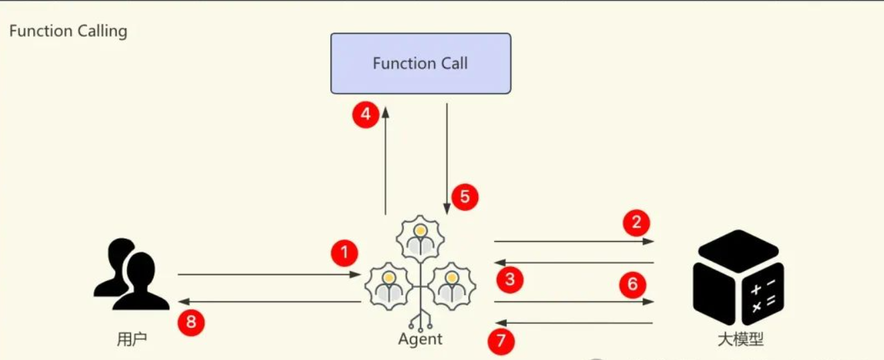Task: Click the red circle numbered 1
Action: [x=345, y=253]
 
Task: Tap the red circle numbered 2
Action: [x=636, y=222]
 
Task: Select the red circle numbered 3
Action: [x=509, y=279]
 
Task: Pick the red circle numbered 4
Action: [x=365, y=115]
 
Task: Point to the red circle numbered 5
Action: [x=465, y=197]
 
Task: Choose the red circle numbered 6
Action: [x=632, y=285]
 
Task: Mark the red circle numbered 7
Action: [x=501, y=342]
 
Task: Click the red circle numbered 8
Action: [x=191, y=323]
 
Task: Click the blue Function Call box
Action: [x=421, y=63]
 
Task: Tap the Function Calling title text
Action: [x=68, y=31]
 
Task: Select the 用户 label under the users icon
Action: [x=132, y=339]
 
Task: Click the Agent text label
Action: [x=420, y=339]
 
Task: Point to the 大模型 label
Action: [x=740, y=339]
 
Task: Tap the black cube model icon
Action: [x=738, y=277]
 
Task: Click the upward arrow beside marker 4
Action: [x=385, y=160]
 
